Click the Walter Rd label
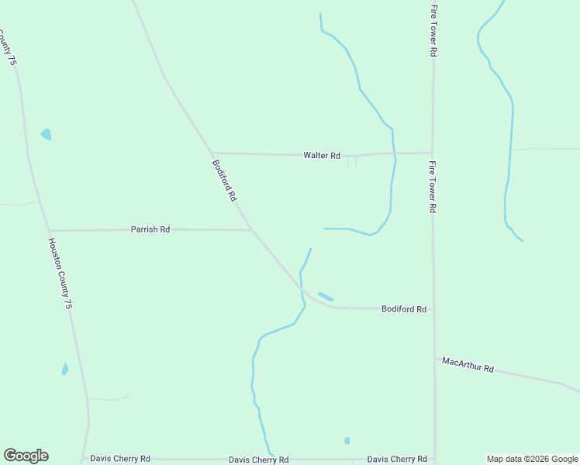pos(322,156)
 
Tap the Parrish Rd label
pos(150,230)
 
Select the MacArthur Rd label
pos(468,364)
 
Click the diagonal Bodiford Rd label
pos(224,181)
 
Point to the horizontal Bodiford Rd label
pos(404,309)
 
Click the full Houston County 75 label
pos(60,274)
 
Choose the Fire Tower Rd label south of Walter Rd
pos(433,188)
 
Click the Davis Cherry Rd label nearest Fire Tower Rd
pos(397,459)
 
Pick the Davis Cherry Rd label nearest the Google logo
pos(120,459)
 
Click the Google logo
pos(26,456)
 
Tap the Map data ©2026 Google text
pos(533,459)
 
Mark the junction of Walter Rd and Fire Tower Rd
pos(433,153)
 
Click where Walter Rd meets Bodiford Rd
pos(212,153)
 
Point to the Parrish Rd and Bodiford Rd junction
pos(251,230)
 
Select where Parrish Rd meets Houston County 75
pos(49,230)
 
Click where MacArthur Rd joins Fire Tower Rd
pos(434,357)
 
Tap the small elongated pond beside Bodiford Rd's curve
pos(326,296)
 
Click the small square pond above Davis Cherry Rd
pos(347,440)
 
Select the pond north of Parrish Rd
pos(46,134)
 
